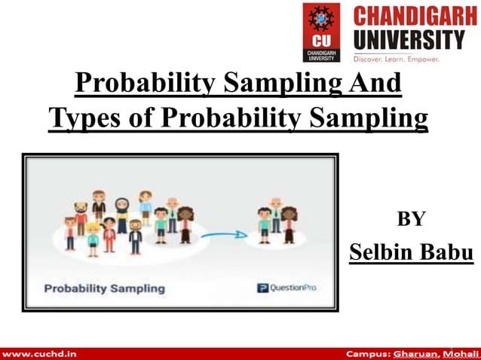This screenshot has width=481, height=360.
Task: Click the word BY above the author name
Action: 412,219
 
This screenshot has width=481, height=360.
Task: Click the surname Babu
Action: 449,252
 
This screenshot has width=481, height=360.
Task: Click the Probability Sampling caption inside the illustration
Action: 104,288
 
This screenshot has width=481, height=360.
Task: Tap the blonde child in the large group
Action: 92,236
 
